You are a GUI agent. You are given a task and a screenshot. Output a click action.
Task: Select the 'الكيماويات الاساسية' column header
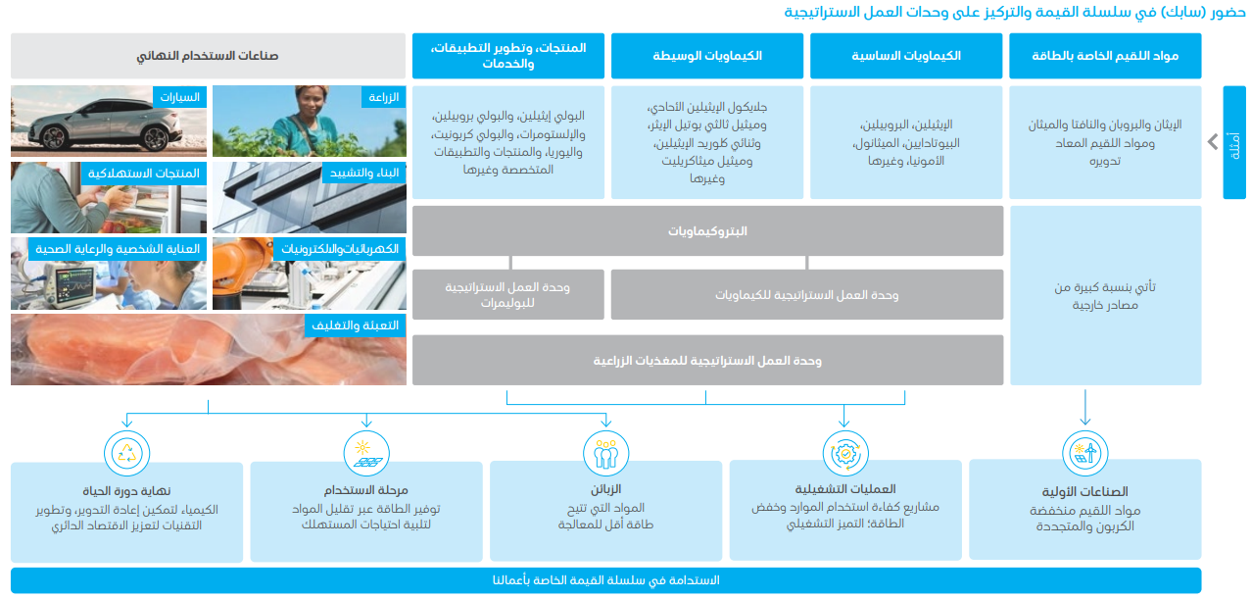point(905,56)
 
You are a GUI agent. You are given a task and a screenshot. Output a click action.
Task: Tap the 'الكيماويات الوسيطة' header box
point(706,56)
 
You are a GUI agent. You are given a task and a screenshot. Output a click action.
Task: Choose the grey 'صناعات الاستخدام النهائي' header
point(208,56)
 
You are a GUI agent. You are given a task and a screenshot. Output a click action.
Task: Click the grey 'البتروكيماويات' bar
point(707,231)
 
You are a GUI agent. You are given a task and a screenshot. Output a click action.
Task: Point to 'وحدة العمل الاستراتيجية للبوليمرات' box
point(507,294)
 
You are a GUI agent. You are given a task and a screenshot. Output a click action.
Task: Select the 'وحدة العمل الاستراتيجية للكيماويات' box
point(806,294)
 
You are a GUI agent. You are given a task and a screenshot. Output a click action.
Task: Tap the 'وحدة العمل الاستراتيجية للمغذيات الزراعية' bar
point(707,361)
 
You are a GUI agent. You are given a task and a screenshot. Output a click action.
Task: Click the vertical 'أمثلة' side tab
point(1233,142)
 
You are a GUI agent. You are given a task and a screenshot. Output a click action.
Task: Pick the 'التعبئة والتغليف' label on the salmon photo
point(359,325)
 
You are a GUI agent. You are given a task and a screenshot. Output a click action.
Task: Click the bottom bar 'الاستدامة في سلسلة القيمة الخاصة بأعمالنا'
point(605,580)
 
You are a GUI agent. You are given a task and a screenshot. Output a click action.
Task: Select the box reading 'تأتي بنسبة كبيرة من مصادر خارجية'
point(1105,296)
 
